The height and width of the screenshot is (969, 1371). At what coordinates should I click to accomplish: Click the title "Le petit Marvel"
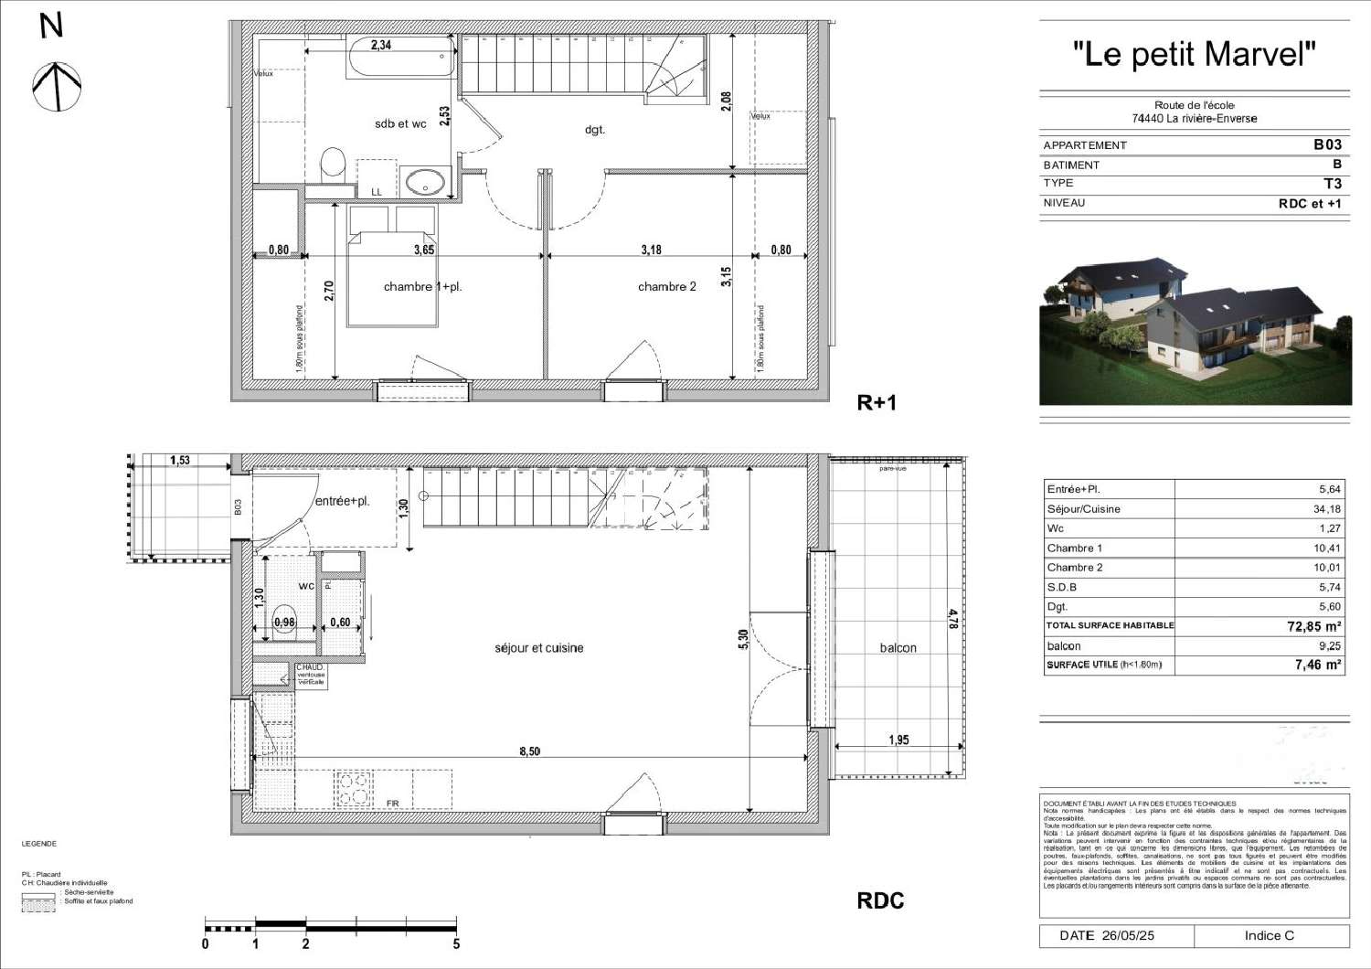coord(1194,55)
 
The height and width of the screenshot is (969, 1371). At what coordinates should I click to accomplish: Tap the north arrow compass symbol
coord(57,86)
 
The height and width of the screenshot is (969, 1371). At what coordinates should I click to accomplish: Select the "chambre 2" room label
coord(666,287)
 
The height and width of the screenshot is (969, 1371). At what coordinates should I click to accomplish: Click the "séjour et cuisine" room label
coord(538,648)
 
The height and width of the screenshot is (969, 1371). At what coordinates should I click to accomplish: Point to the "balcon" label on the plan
coord(898,648)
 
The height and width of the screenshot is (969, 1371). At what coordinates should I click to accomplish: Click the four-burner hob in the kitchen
coord(354,790)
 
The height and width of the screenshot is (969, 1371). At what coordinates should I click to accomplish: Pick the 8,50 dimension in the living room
coord(529,751)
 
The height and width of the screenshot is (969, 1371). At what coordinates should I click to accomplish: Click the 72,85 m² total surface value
coord(1313,626)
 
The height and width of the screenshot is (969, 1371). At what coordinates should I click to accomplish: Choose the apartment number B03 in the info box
coord(1327,144)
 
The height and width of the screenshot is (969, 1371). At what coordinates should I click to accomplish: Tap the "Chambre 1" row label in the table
coord(1075,548)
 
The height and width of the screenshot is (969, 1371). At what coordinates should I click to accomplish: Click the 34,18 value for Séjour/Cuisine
coord(1327,509)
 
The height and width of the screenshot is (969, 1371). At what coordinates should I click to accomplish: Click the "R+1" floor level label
coord(876,403)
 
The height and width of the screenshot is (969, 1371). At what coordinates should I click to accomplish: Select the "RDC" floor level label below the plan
coord(880,900)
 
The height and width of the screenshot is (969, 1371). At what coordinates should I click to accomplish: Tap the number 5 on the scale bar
coord(456,944)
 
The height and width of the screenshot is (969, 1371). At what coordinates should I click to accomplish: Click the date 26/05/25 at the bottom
coord(1128,936)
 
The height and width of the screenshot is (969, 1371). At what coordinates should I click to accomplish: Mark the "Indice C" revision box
coord(1269,936)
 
